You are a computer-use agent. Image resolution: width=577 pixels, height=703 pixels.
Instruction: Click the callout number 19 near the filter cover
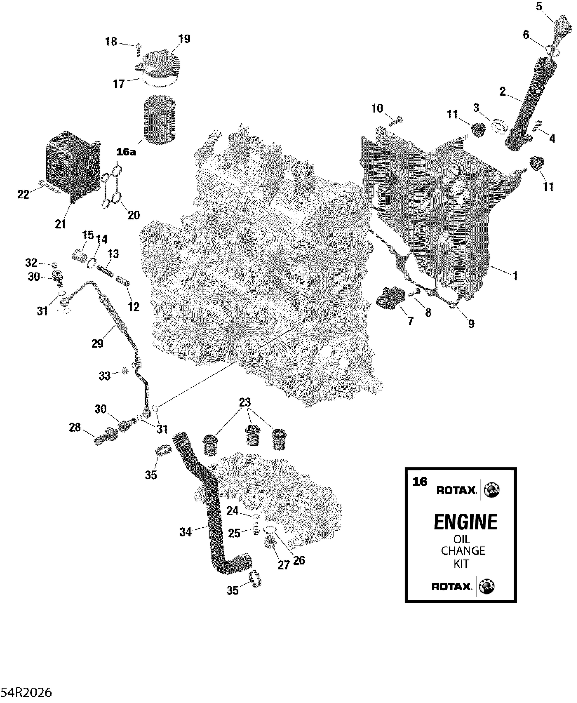pyautogui.click(x=184, y=39)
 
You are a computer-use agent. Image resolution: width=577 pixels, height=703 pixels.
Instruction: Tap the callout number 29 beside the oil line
pyautogui.click(x=97, y=343)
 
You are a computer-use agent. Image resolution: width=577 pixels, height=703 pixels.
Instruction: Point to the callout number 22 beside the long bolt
pyautogui.click(x=23, y=194)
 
